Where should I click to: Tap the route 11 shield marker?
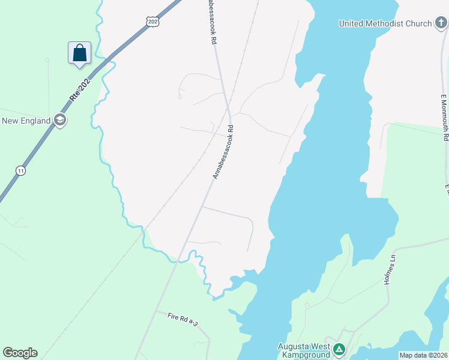point(21,170)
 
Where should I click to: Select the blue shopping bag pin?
point(79,53)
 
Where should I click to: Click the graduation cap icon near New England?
point(59,121)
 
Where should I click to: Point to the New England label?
point(26,121)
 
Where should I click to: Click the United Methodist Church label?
point(385,23)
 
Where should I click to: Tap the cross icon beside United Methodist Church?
point(441,23)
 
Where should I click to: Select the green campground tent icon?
point(339,349)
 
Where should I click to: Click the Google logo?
point(20,352)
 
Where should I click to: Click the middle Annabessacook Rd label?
point(222,152)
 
